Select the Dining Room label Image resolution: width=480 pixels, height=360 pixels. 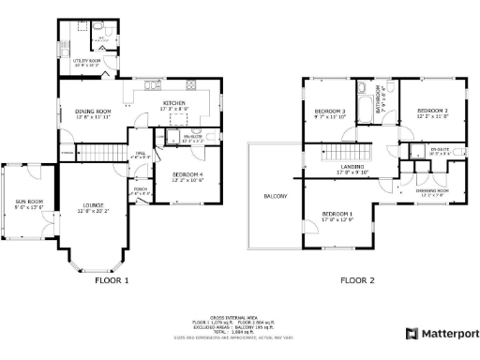pos(93,112)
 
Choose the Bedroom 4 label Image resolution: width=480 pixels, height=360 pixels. pos(187,175)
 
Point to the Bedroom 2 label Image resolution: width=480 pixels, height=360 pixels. pos(432,111)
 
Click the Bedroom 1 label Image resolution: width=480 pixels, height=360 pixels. pos(337,215)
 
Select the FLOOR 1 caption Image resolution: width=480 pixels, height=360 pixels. pos(112,279)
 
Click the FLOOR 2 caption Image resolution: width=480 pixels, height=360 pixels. pos(356,279)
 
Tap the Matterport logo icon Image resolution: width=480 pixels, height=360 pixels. pos(412,333)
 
